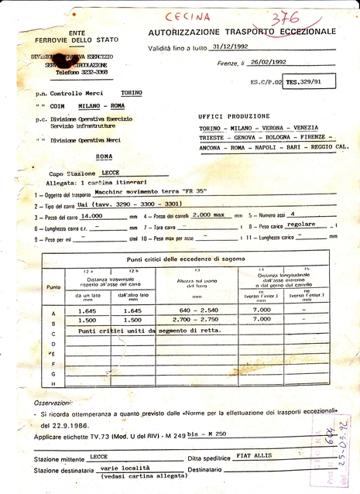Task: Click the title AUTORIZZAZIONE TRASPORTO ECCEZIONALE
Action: pyautogui.click(x=242, y=31)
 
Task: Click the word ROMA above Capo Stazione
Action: pyautogui.click(x=105, y=156)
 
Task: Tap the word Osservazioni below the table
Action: pyautogui.click(x=57, y=403)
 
